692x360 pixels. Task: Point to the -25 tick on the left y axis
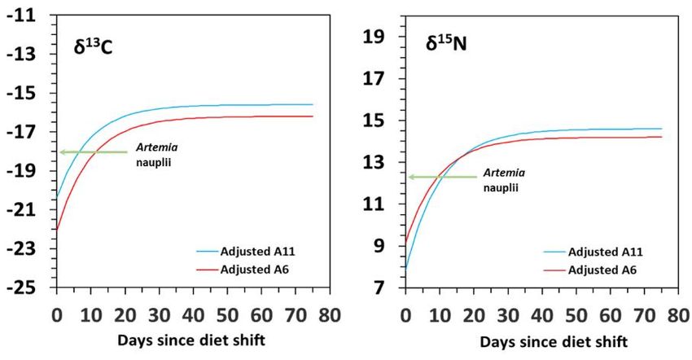(x=20, y=288)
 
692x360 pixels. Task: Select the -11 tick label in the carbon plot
(x=20, y=15)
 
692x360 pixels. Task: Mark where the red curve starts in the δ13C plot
(x=57, y=230)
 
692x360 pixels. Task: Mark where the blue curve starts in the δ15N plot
(x=405, y=267)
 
